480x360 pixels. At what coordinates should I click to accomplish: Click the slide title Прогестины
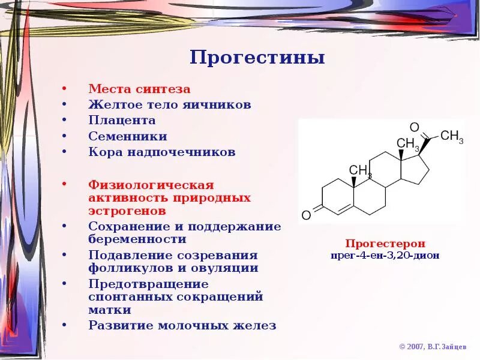257,58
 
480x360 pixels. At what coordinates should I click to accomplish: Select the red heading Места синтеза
139,89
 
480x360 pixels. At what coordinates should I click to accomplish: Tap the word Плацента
122,121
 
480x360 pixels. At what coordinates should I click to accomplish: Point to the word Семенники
128,136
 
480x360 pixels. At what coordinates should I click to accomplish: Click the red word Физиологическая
151,184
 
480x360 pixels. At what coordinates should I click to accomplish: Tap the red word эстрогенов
127,211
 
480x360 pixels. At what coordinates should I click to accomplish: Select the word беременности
137,239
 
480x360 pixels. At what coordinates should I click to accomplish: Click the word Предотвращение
148,284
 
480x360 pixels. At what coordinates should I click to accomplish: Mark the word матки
110,311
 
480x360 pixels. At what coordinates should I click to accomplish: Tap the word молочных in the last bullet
196,326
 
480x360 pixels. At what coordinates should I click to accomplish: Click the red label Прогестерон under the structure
385,244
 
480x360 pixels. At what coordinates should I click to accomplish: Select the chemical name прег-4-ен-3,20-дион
385,255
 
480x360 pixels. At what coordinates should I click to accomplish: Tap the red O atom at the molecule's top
414,127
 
